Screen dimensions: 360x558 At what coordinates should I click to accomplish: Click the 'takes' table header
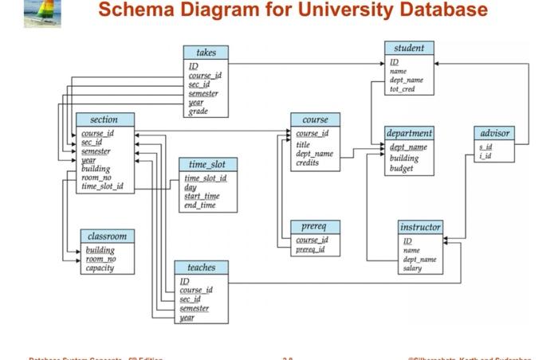(x=206, y=53)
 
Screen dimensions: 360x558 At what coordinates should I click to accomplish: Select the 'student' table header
(x=409, y=48)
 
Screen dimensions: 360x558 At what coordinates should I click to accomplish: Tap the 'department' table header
(x=409, y=133)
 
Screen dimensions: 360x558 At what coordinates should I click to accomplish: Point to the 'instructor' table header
(x=420, y=227)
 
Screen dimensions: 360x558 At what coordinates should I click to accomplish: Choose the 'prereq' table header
(x=316, y=226)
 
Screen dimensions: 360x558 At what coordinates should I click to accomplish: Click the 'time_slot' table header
(x=207, y=164)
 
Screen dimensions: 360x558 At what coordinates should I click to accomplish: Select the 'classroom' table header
(x=108, y=237)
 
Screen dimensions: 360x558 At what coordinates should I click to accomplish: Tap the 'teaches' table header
(x=201, y=268)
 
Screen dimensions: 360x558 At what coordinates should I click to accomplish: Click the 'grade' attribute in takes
(x=198, y=112)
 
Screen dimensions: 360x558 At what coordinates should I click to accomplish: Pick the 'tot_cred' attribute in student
(x=403, y=89)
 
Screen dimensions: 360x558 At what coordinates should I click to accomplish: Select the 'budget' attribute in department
(x=403, y=168)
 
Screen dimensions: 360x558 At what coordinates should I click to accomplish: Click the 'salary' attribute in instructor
(x=412, y=268)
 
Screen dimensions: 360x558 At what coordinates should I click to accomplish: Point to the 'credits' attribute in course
(x=308, y=162)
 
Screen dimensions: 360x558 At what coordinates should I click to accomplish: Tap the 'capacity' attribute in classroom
(x=100, y=268)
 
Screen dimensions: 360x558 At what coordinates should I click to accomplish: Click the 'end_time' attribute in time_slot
(x=200, y=205)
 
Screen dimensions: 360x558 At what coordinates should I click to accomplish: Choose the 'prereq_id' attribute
(x=310, y=249)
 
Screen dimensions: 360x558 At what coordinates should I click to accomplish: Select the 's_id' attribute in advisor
(x=485, y=147)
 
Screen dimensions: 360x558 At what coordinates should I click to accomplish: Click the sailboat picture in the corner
(x=42, y=14)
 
